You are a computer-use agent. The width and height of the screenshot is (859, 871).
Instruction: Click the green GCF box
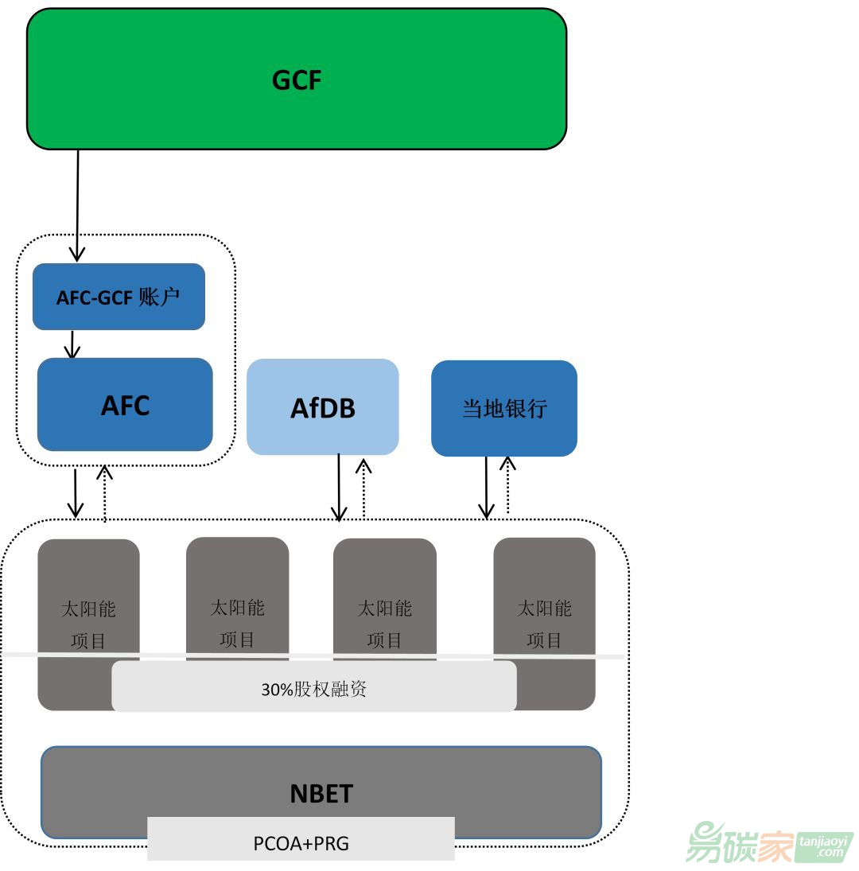click(x=297, y=80)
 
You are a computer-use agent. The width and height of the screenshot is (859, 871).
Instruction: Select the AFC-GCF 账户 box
click(x=119, y=297)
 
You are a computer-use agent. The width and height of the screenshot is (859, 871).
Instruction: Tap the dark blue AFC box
click(x=125, y=405)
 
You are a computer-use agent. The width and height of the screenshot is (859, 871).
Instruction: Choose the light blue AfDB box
click(x=322, y=407)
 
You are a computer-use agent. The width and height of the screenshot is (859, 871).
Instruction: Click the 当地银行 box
click(x=504, y=409)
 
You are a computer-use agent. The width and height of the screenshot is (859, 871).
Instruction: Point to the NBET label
click(x=321, y=793)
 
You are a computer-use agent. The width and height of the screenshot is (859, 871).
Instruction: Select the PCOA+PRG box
click(x=301, y=842)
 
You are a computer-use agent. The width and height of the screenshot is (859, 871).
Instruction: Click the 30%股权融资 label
click(x=313, y=689)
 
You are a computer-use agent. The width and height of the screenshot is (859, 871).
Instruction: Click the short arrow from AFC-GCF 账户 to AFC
click(x=72, y=344)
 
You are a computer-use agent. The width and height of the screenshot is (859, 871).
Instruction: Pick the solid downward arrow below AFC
click(x=76, y=493)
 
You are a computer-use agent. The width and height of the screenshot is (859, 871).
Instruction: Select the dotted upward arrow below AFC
click(x=104, y=493)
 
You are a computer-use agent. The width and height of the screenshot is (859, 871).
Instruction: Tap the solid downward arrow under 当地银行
click(x=487, y=487)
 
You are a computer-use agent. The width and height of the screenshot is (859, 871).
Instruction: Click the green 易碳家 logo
click(x=768, y=842)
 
